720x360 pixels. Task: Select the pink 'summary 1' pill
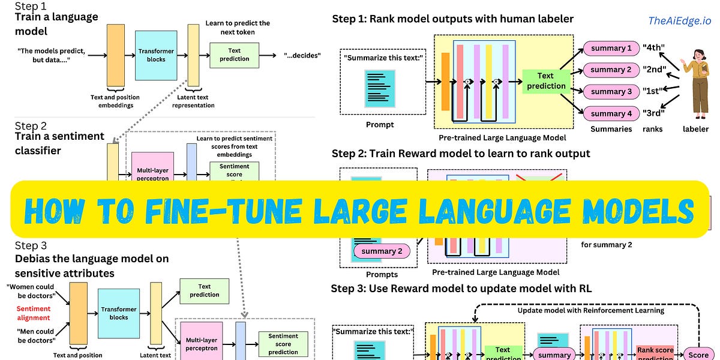[611, 48]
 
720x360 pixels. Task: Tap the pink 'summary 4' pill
[611, 113]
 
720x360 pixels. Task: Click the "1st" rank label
[653, 92]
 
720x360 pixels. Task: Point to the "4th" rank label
[653, 48]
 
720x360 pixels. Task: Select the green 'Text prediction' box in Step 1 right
[545, 81]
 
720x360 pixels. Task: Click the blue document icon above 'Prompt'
[380, 89]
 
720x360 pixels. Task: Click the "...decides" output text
[302, 56]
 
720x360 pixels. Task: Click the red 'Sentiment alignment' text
[34, 313]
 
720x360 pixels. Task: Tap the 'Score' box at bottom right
[698, 355]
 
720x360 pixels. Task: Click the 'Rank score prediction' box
[655, 353]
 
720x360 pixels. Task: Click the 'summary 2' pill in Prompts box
[382, 251]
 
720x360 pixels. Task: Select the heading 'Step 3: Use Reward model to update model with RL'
[461, 289]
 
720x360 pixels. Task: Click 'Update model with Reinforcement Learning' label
[590, 310]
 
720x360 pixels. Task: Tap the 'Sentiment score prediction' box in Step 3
[283, 344]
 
